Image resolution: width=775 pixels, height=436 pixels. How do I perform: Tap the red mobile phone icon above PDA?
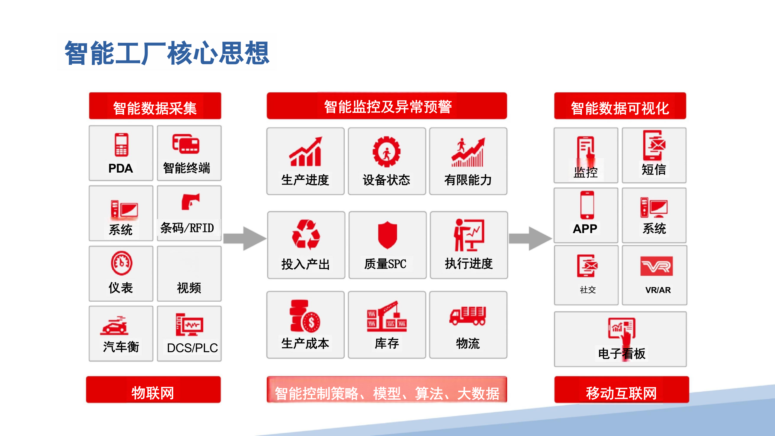pyautogui.click(x=121, y=145)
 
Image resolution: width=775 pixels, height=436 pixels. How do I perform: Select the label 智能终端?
pyautogui.click(x=187, y=168)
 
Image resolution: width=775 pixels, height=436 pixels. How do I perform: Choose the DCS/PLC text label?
pyautogui.click(x=192, y=348)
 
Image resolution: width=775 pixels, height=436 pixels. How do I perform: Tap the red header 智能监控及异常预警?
pyautogui.click(x=387, y=106)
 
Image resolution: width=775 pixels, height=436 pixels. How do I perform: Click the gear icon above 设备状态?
pyautogui.click(x=387, y=152)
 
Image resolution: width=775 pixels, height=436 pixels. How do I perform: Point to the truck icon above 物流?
pyautogui.click(x=467, y=316)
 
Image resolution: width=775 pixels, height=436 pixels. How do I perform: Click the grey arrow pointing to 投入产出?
pyautogui.click(x=244, y=238)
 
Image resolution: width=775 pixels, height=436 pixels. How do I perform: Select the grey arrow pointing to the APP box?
pyautogui.click(x=530, y=238)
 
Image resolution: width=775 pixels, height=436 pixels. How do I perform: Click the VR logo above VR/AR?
pyautogui.click(x=656, y=266)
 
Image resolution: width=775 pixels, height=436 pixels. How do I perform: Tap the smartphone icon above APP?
pyautogui.click(x=587, y=205)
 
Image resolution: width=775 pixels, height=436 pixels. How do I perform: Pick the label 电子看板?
pyautogui.click(x=622, y=353)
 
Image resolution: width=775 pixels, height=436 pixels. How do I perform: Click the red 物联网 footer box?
pyautogui.click(x=153, y=390)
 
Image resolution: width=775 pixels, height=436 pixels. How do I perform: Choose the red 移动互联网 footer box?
pyautogui.click(x=622, y=390)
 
